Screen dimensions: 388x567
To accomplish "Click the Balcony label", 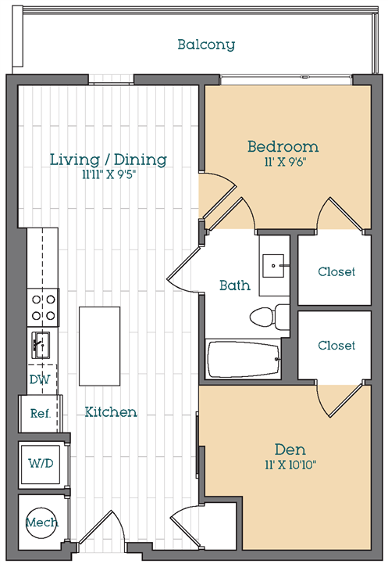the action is [206, 45].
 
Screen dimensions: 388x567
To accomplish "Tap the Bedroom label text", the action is [283, 146].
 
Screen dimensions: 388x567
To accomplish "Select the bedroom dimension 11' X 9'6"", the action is [285, 162].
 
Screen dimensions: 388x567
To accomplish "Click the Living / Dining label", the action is [109, 160].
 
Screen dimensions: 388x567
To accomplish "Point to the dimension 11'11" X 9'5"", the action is [109, 174].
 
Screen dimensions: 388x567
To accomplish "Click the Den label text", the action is [290, 450].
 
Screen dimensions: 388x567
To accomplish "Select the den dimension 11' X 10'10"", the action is [290, 465].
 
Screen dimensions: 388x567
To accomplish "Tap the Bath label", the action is [235, 285].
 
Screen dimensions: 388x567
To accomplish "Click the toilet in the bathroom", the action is [269, 318].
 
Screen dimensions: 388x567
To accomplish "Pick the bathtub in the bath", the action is [244, 360].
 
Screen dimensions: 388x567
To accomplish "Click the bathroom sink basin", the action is [273, 266].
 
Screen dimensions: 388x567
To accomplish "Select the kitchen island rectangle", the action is [100, 346].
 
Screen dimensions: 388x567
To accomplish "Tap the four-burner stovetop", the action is [43, 307].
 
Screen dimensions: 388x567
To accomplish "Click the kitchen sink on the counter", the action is [41, 345].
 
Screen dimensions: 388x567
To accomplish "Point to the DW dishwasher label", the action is [40, 379].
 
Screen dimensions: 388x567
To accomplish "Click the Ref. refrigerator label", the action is [41, 413].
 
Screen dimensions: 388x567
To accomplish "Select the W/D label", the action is [41, 463].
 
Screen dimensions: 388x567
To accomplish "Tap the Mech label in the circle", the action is [42, 522].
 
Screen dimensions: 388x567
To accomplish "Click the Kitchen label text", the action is [111, 412].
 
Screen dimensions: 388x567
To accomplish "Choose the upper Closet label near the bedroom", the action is [336, 271].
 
